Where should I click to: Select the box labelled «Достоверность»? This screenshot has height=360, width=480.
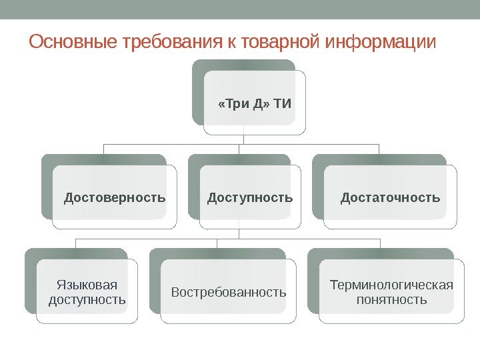pos(115,197)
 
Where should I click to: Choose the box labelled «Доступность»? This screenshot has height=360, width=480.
pos(250,197)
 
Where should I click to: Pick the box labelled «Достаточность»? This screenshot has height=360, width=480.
pos(391,197)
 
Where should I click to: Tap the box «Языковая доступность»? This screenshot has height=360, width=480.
pos(87,292)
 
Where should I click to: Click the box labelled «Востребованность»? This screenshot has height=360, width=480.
pos(229,292)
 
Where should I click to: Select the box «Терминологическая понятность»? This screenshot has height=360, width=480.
pos(391,292)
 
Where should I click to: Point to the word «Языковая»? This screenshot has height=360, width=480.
pos(87,285)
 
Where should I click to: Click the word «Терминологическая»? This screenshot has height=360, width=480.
pos(391,285)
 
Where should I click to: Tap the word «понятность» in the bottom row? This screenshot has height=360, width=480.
pos(391,299)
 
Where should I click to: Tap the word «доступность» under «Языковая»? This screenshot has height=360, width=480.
pos(87,299)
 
